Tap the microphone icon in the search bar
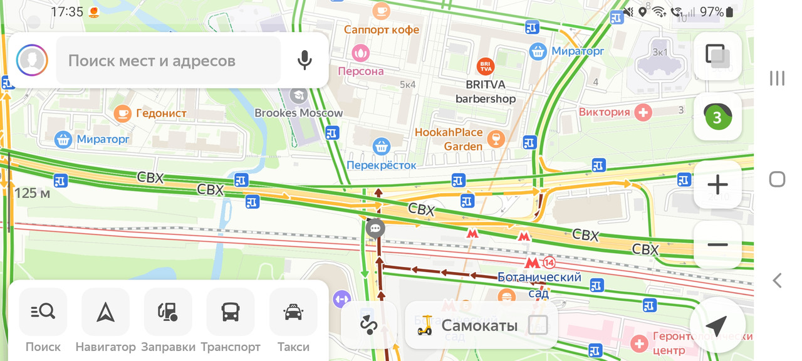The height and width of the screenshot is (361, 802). click(305, 60)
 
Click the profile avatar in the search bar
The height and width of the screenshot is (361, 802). click(32, 60)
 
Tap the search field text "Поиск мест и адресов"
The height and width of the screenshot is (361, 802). click(152, 61)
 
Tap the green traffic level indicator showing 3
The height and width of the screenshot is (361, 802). click(717, 116)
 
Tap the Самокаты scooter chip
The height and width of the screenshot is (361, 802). click(480, 325)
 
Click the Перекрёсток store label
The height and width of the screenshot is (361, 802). click(382, 165)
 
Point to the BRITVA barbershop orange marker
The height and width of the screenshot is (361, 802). click(485, 66)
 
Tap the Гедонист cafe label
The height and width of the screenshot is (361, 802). click(161, 113)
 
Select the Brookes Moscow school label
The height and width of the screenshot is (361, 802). click(299, 113)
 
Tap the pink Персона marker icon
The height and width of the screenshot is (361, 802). click(361, 53)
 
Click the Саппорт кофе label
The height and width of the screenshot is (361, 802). click(382, 29)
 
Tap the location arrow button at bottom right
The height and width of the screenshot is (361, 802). click(716, 325)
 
